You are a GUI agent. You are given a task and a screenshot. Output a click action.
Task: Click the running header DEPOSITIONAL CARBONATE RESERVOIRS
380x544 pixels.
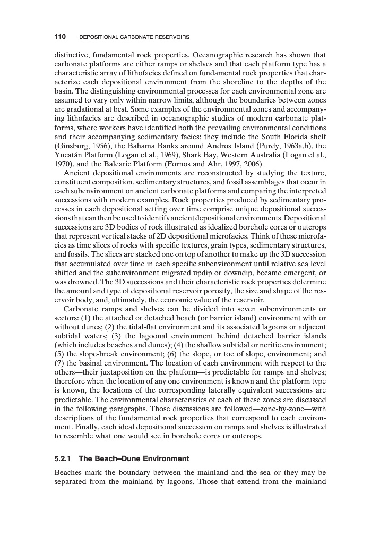pyautogui.click(x=134, y=37)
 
